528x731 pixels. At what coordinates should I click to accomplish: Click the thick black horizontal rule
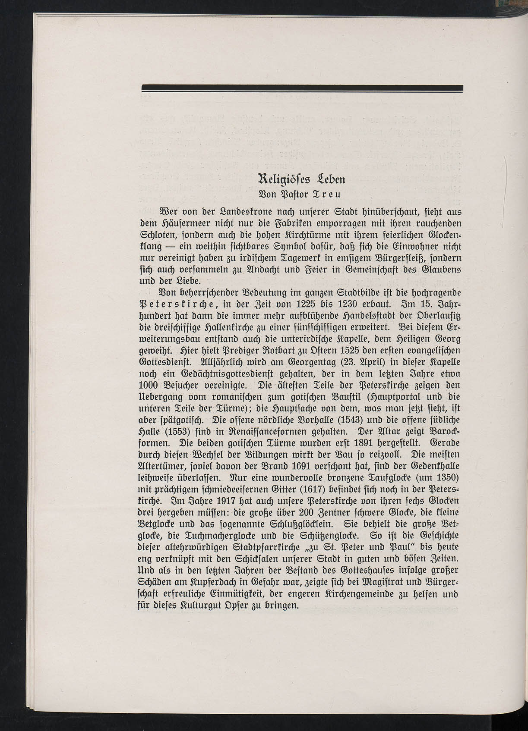point(302,88)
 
